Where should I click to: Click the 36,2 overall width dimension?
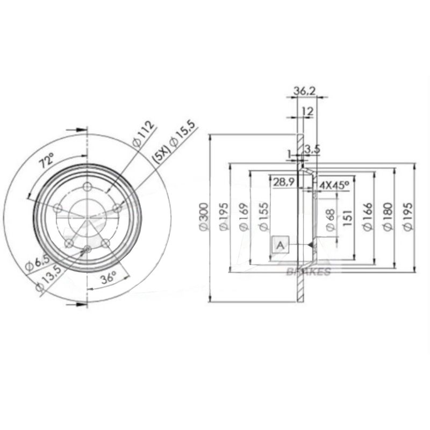304,92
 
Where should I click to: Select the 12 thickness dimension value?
308,111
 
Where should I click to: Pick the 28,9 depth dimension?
282,182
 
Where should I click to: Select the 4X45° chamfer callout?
334,185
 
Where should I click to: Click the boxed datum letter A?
279,245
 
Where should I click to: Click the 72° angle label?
47,160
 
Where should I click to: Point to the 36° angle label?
110,278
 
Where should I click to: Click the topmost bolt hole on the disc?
88,187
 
